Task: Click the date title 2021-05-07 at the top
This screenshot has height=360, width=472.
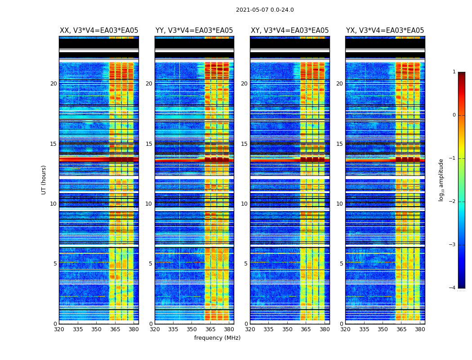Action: click(x=265, y=10)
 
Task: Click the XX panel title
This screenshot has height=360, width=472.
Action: click(x=99, y=31)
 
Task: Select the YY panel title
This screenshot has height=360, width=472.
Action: click(x=194, y=31)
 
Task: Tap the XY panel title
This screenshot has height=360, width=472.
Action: click(x=289, y=31)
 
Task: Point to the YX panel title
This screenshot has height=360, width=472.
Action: click(x=385, y=31)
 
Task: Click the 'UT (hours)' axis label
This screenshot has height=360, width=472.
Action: click(x=44, y=180)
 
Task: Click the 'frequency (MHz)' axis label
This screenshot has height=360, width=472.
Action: click(x=217, y=338)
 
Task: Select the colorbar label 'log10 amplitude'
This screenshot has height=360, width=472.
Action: click(x=441, y=180)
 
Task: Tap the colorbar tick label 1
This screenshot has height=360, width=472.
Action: click(x=454, y=72)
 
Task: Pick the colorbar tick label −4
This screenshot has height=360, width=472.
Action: click(x=453, y=288)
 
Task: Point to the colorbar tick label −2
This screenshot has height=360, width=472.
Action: click(x=453, y=202)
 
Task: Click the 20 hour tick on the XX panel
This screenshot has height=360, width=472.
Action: click(x=53, y=84)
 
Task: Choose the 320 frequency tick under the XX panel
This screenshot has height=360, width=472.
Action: click(x=59, y=329)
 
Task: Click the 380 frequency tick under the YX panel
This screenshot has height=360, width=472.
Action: click(x=420, y=329)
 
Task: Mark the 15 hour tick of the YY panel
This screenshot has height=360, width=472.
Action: click(x=149, y=144)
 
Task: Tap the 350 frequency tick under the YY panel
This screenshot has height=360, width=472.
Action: click(x=192, y=329)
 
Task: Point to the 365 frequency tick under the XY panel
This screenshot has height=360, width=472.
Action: click(x=306, y=329)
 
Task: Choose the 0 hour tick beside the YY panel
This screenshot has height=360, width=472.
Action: click(x=151, y=324)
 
